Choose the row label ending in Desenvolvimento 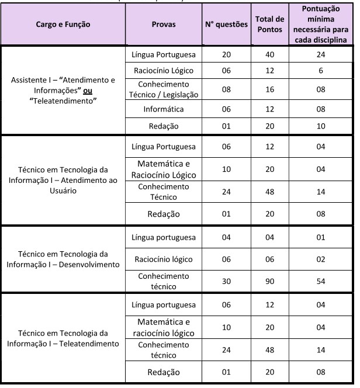[64, 259]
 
